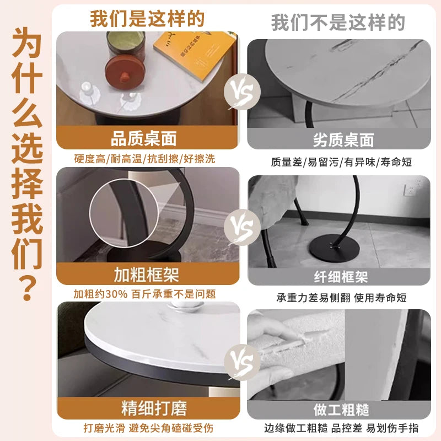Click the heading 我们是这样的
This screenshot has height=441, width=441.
click(x=147, y=19)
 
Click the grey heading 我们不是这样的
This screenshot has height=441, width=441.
click(x=338, y=23)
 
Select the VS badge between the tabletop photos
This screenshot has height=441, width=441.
click(x=242, y=92)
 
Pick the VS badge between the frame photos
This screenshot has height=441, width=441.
click(x=242, y=227)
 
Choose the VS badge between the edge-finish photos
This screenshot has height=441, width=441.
click(x=242, y=362)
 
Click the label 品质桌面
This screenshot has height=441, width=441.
click(x=144, y=138)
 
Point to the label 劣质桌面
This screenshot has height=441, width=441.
click(x=343, y=140)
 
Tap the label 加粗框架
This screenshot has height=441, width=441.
click(x=147, y=275)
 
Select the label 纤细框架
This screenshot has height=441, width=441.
click(x=341, y=277)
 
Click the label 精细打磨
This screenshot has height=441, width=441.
click(x=154, y=408)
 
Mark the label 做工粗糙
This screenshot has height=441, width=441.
click(x=341, y=410)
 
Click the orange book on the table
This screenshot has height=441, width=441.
click(x=194, y=54)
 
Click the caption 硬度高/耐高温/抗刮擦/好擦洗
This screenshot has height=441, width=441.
click(x=144, y=159)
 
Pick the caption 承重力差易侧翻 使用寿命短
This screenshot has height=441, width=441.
click(x=341, y=298)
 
